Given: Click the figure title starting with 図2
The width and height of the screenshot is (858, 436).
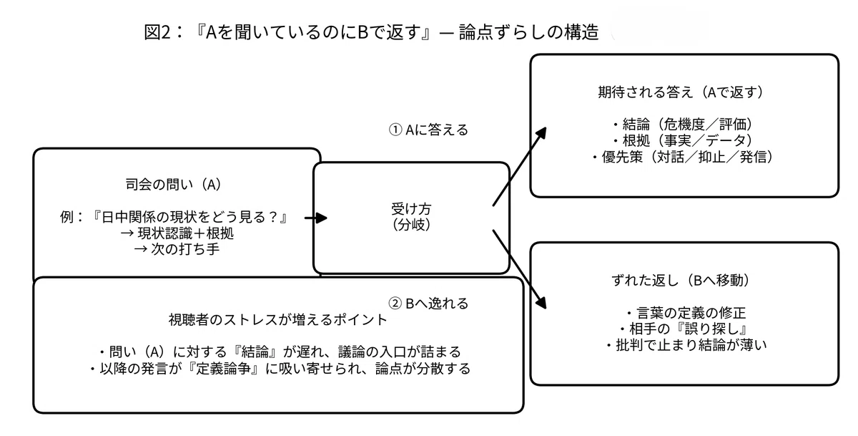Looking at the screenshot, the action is point(371,32).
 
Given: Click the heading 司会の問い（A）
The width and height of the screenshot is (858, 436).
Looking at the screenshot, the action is point(173,185).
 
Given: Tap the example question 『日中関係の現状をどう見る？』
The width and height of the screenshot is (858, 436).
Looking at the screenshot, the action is point(189,217).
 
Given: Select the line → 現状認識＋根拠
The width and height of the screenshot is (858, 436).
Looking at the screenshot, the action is point(177,233).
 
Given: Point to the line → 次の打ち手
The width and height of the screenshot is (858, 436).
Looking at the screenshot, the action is point(177,249).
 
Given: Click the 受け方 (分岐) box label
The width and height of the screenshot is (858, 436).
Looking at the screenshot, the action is point(411,217).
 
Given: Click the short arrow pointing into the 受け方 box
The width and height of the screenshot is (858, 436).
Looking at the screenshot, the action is point(316,218).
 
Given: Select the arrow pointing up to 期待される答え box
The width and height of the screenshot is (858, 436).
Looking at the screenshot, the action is point(520,166).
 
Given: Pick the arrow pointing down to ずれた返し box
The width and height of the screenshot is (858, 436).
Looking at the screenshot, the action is point(520,269).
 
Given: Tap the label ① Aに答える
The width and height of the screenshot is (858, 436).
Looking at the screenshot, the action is point(428,130).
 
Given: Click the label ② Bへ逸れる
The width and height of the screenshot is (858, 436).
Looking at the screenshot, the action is point(428,304).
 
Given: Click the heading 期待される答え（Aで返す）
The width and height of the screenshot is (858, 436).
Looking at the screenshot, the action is point(680,92).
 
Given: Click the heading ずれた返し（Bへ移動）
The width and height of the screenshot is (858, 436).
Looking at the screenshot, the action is point(680,281).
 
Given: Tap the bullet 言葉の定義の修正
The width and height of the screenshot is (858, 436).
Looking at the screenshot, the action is point(686,313).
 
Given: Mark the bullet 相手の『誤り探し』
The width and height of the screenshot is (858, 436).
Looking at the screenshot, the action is point(683,329).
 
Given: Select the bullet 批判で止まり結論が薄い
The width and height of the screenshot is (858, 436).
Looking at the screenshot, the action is point(686,345).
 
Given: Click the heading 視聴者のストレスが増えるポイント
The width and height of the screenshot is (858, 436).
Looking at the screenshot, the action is point(278,319).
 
